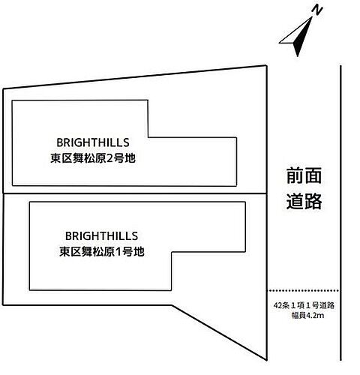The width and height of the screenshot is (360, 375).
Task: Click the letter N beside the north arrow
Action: click(x=317, y=10)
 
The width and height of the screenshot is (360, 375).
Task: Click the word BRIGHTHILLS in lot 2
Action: click(x=93, y=142)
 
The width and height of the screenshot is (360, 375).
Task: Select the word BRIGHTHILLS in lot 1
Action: click(x=101, y=236)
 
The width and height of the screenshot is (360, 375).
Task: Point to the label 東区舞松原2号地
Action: click(x=93, y=158)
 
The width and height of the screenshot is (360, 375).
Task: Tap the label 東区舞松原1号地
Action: click(x=102, y=251)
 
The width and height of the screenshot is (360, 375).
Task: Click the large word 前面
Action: click(x=304, y=175)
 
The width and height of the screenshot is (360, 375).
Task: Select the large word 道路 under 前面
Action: click(x=304, y=201)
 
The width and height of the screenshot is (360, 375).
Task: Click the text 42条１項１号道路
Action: click(x=304, y=305)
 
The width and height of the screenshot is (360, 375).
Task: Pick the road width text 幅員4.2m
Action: click(x=307, y=316)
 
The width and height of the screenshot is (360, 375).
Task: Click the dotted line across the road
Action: click(x=303, y=290)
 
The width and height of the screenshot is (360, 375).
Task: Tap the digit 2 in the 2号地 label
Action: click(x=109, y=158)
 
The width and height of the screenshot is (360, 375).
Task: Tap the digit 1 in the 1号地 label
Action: click(x=118, y=252)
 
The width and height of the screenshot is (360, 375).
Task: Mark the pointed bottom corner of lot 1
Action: click(x=266, y=360)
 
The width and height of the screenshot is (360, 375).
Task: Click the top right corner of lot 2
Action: click(x=266, y=66)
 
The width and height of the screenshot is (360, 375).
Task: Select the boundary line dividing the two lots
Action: click(x=135, y=193)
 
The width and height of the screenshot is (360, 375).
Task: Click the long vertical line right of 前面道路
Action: click(x=340, y=213)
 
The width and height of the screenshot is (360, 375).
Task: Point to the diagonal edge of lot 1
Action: click(x=219, y=332)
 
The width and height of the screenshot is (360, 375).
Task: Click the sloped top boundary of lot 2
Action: click(x=134, y=77)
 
